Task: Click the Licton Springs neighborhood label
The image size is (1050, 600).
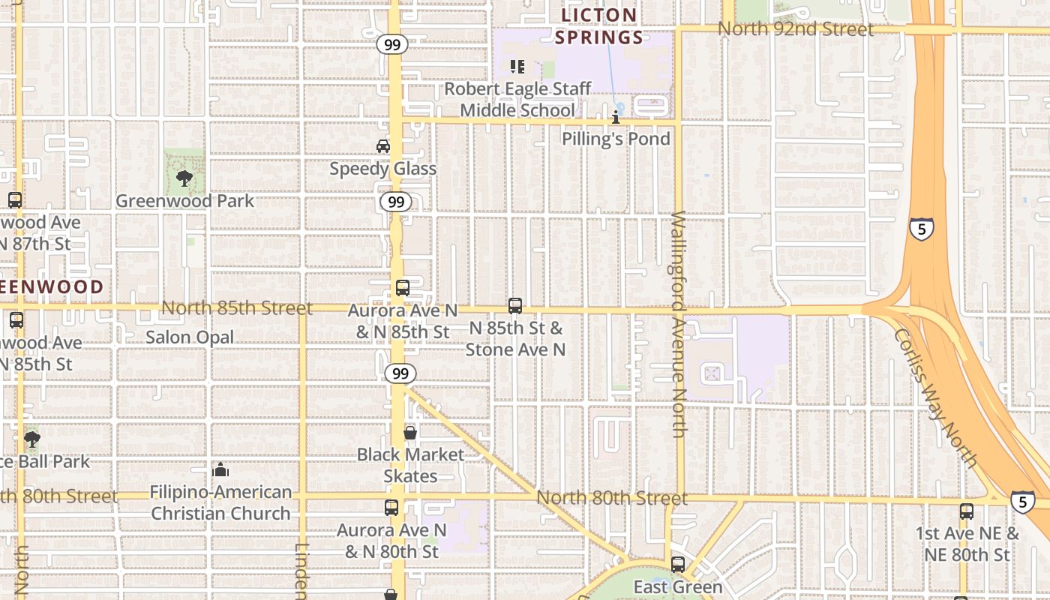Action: coord(601,26)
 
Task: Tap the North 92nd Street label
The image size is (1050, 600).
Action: coord(795,29)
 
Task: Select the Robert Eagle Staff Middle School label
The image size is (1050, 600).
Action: coord(517,100)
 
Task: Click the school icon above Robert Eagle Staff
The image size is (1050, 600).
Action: coord(517,67)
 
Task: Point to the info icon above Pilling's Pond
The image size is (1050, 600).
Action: coord(616,117)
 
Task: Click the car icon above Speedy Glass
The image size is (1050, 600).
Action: coord(383,146)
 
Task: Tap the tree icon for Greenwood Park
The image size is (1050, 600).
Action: coord(184,178)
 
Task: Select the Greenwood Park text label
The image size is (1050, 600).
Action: coord(184,201)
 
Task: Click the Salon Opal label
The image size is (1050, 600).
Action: coord(190,337)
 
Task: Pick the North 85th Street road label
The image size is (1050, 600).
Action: coord(237,308)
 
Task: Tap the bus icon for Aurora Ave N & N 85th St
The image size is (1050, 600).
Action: coord(403,288)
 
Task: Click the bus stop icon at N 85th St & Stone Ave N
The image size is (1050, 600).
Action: coord(515,306)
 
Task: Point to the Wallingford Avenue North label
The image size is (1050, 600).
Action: coord(678,324)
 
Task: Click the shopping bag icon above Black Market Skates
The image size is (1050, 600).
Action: coord(410,433)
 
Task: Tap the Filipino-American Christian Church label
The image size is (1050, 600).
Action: coord(220,502)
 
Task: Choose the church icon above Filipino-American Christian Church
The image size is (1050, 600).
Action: coord(220,470)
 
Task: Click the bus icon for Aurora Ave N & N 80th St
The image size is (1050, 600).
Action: coord(391,508)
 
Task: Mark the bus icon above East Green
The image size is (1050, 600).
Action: coord(678,565)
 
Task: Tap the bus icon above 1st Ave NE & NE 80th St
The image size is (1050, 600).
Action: coord(967,512)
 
